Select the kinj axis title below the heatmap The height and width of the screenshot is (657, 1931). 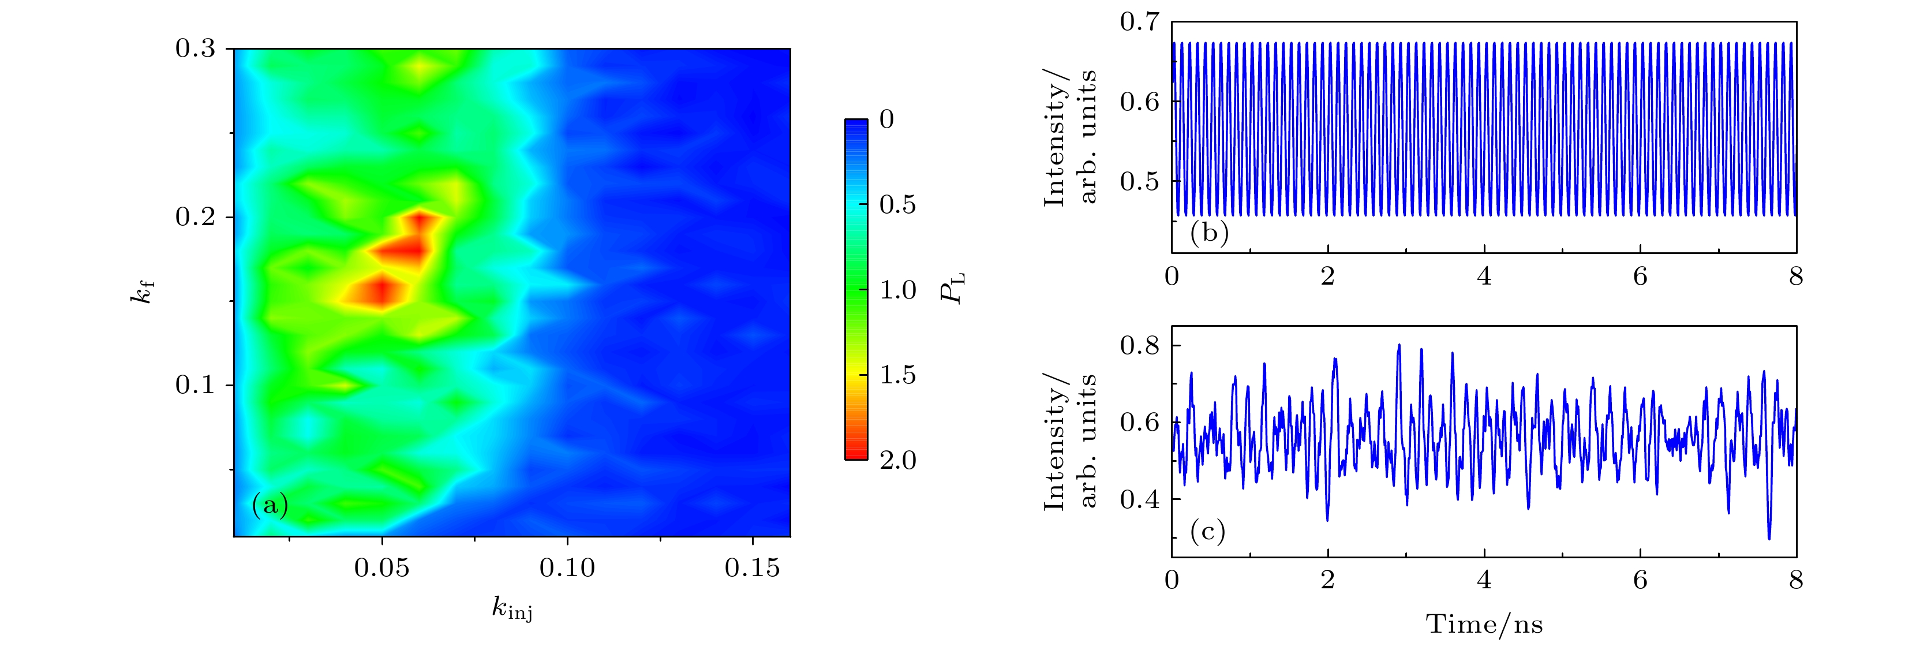click(x=512, y=609)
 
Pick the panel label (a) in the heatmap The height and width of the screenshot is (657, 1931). click(x=270, y=506)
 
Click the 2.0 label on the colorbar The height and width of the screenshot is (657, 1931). click(x=897, y=460)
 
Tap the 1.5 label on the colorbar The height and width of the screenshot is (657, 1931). click(x=897, y=374)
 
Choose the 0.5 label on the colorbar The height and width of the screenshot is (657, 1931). click(x=897, y=204)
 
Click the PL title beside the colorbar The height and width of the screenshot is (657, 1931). click(x=953, y=289)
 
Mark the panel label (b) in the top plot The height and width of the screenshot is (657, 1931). click(x=1209, y=233)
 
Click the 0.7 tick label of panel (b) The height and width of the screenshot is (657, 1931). click(x=1139, y=23)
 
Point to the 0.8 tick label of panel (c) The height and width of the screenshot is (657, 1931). click(x=1139, y=346)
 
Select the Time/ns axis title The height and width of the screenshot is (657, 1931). click(x=1484, y=624)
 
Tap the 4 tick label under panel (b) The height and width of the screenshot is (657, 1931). click(x=1484, y=277)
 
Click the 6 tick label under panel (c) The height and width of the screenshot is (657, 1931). click(x=1640, y=580)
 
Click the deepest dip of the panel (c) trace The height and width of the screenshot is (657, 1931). click(x=1769, y=537)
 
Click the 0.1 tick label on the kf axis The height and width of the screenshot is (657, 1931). click(x=195, y=386)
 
